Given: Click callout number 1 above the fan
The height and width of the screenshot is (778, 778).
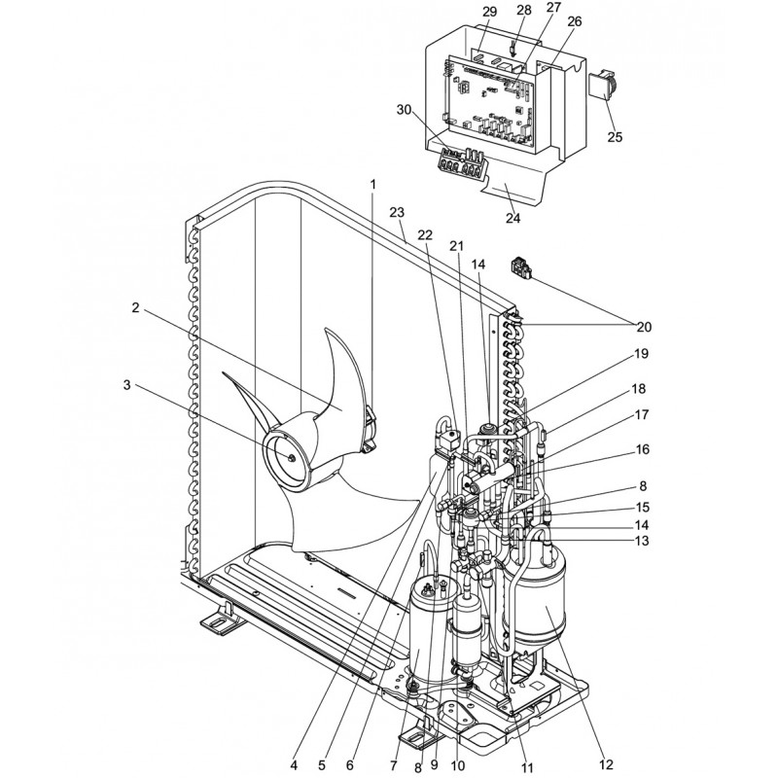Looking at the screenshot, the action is (372, 184).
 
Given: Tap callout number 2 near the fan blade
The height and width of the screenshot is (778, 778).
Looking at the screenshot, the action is (135, 307).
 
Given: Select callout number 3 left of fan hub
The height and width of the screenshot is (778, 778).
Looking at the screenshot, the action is (127, 384).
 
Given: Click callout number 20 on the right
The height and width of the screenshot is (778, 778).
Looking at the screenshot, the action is (644, 327).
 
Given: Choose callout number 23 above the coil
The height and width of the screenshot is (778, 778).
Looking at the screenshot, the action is (397, 212).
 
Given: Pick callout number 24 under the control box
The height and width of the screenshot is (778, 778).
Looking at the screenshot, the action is (513, 218).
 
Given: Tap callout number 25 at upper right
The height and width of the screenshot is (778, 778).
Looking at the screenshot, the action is (615, 136).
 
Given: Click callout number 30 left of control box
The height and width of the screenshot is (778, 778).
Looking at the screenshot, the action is (405, 110).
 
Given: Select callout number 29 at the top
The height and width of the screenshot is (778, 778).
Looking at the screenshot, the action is (490, 12).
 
